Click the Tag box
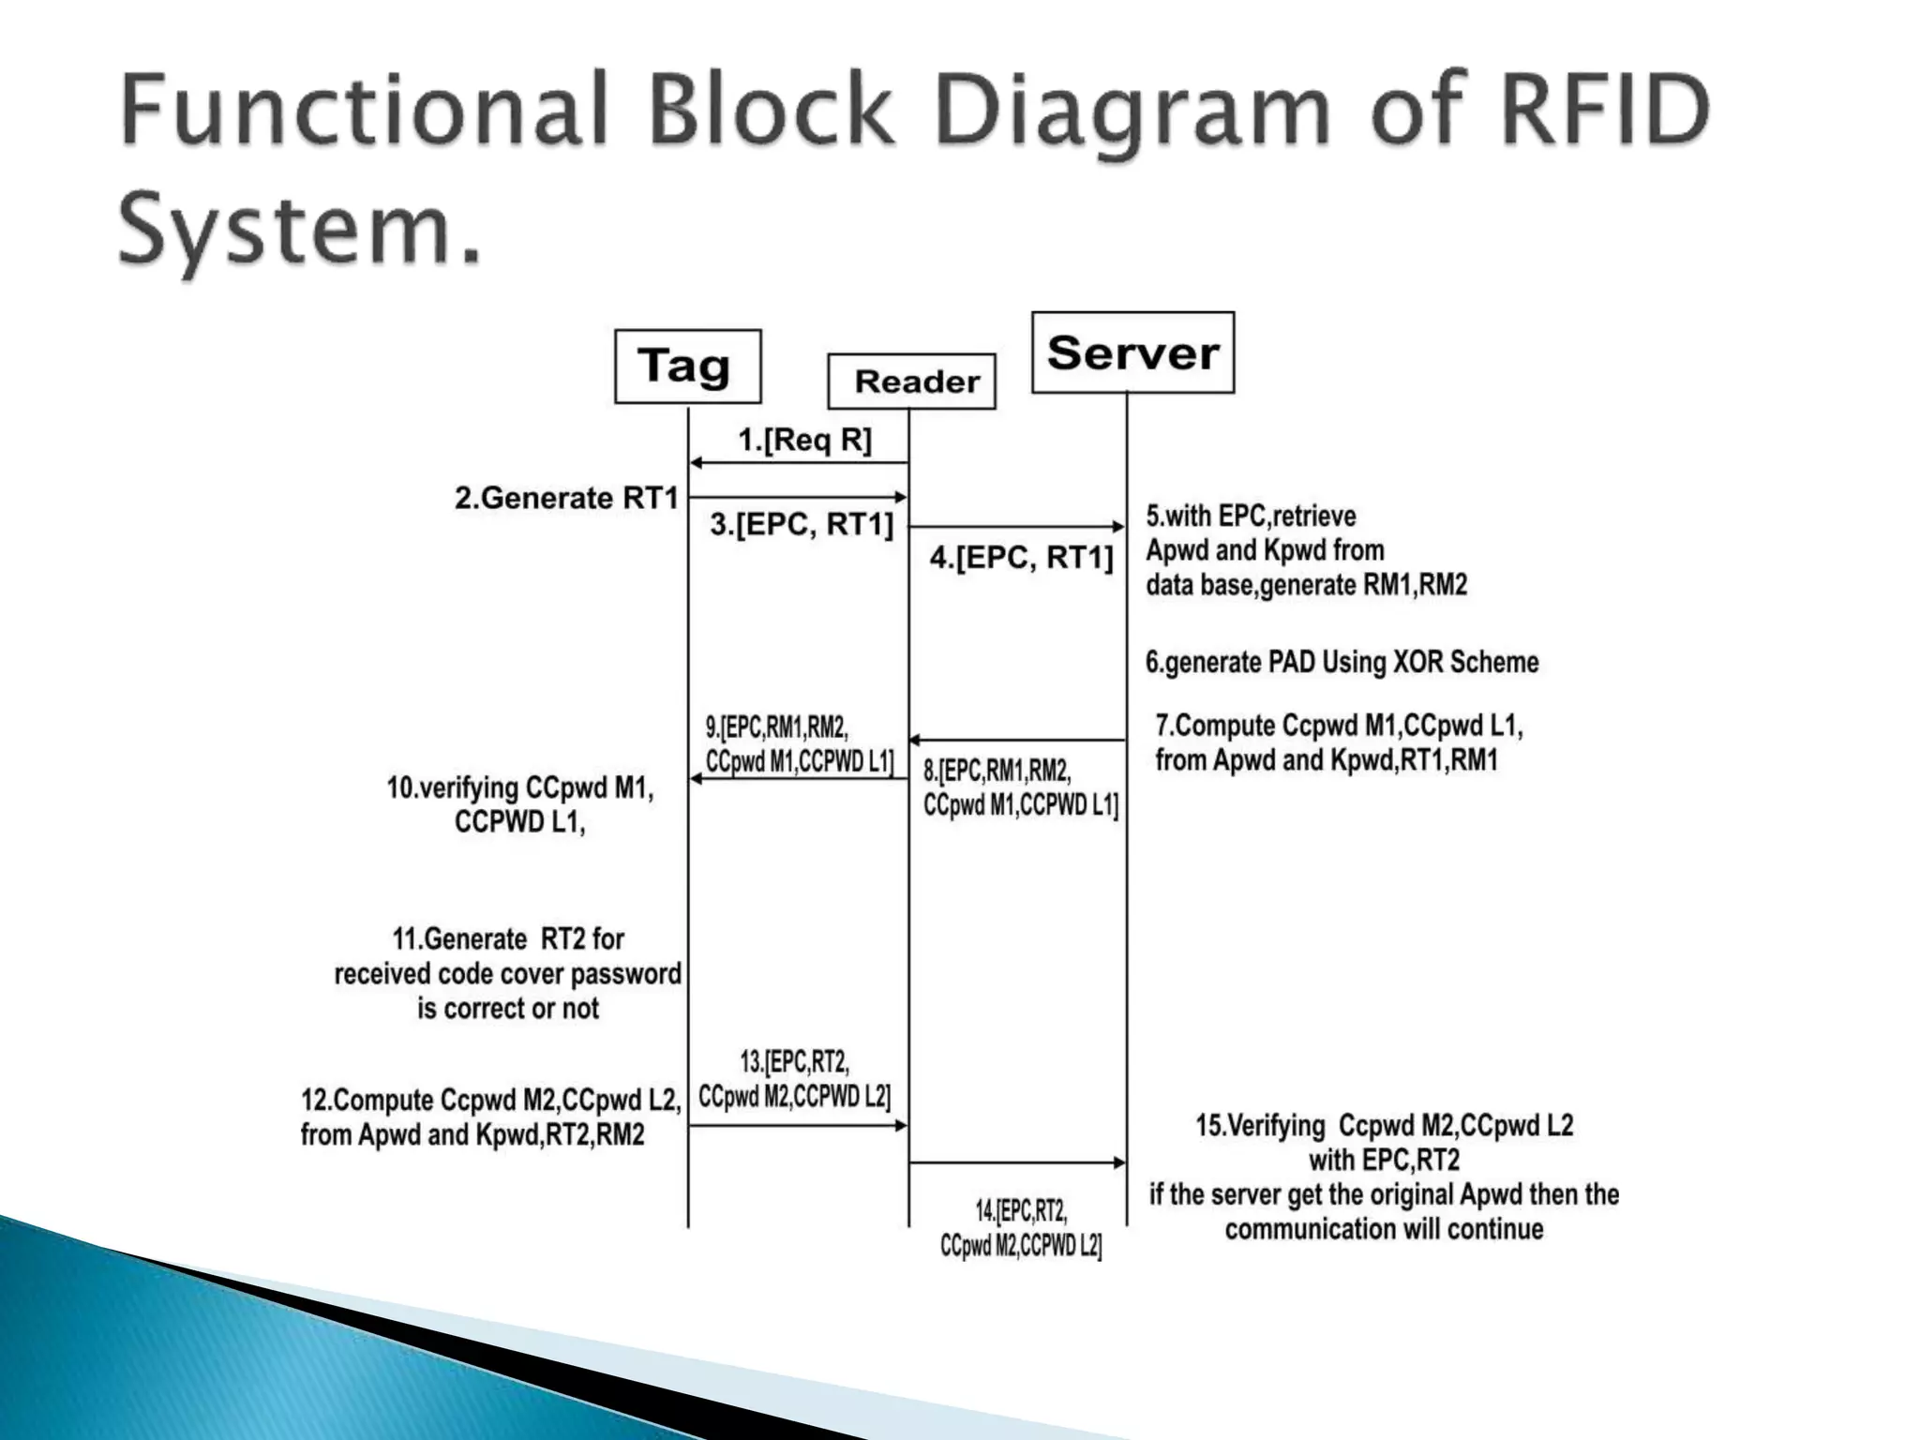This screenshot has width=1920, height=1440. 687,367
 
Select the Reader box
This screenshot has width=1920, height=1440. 911,382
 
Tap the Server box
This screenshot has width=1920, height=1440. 1132,353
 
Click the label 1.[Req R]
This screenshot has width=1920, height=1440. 804,440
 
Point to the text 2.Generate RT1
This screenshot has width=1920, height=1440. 566,498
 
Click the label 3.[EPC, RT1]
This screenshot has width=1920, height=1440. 802,524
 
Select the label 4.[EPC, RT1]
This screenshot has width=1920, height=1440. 1021,558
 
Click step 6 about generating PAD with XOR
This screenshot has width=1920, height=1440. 1342,662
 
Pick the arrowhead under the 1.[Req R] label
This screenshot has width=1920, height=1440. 697,462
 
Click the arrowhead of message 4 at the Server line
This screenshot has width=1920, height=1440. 1118,527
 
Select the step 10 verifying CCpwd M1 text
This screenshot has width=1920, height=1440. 520,788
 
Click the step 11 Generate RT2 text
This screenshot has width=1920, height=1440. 507,939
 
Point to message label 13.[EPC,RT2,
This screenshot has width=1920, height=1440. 794,1062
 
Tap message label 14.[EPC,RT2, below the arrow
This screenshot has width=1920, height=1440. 1020,1211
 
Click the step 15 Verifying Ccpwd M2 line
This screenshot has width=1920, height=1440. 1384,1125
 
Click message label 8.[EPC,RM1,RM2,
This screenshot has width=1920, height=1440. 996,771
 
